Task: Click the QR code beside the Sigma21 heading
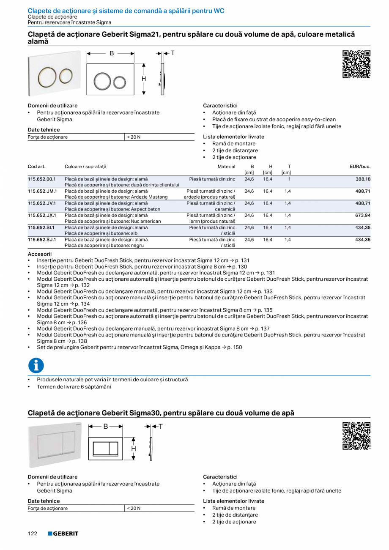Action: tap(356, 64)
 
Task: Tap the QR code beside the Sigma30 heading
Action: tap(356, 435)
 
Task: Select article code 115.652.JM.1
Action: tap(42, 191)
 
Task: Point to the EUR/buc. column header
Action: tap(360, 167)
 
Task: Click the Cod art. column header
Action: tap(36, 167)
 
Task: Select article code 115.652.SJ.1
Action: tap(42, 240)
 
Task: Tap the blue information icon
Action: tap(36, 365)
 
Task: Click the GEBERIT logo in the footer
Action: tap(63, 534)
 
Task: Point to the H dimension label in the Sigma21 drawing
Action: tap(144, 79)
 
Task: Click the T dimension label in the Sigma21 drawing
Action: tap(173, 53)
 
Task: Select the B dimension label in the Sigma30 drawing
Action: tap(106, 427)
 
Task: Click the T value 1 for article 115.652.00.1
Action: tap(289, 179)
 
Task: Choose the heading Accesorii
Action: tap(39, 254)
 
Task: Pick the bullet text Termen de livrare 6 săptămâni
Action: tap(74, 387)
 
